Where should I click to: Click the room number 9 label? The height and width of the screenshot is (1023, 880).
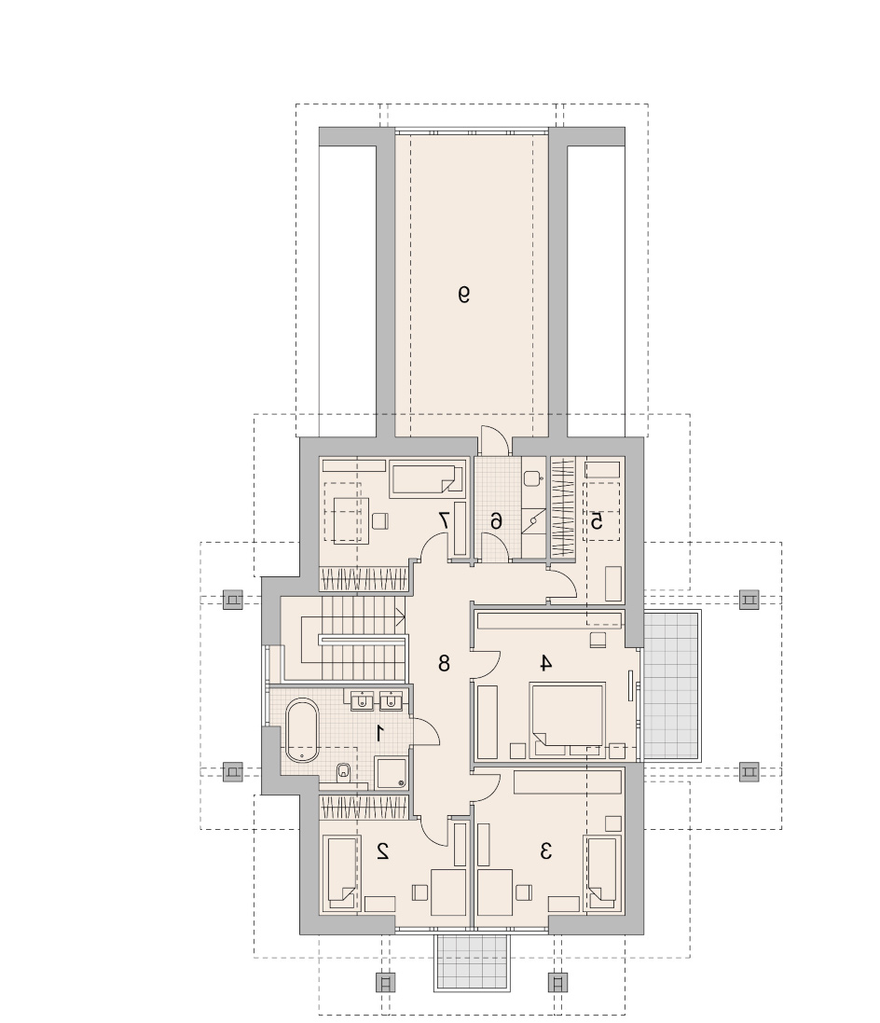463,295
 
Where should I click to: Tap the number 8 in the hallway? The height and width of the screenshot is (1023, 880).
444,664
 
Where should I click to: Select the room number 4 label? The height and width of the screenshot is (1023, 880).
545,663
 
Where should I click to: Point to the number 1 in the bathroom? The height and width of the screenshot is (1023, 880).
379,733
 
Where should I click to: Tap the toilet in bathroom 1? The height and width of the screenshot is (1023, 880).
344,773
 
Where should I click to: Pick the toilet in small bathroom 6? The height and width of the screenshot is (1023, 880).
533,478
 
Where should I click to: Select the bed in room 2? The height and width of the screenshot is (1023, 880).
341,873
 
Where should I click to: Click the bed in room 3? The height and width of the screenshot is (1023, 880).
603,873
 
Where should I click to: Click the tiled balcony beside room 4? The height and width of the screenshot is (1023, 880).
671,685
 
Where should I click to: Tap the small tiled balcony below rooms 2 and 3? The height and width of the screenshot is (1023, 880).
472,962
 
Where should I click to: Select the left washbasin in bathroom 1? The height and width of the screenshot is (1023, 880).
361,700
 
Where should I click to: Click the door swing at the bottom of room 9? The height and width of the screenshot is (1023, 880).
494,440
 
